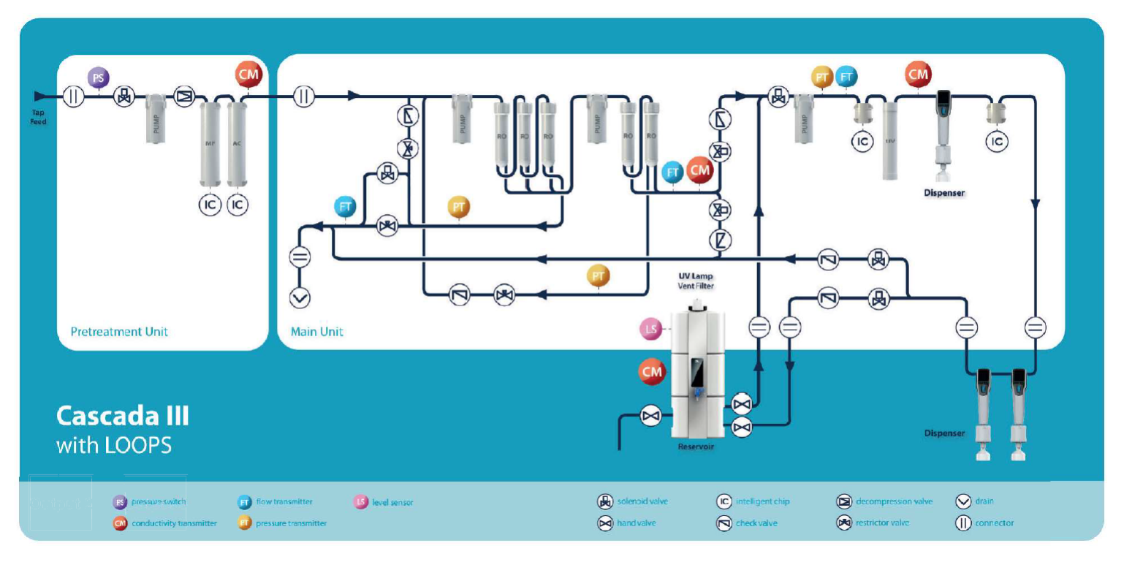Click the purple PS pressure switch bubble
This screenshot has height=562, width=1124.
pos(98,77)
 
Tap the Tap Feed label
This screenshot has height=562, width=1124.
pos(39,118)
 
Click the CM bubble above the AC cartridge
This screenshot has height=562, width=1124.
pos(248,74)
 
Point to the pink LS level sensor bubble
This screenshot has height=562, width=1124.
pos(650,330)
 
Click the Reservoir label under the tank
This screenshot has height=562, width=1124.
pos(695,447)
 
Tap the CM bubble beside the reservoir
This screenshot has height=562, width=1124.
pos(651,372)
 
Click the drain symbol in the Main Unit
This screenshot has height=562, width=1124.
pos(301,297)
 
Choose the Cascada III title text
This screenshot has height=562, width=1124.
pos(122,416)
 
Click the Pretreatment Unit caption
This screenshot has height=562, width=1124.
pos(119,332)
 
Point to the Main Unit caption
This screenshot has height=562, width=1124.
pos(317,332)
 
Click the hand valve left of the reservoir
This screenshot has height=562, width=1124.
pos(649,416)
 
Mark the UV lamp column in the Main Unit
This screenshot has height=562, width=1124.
pos(889,140)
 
